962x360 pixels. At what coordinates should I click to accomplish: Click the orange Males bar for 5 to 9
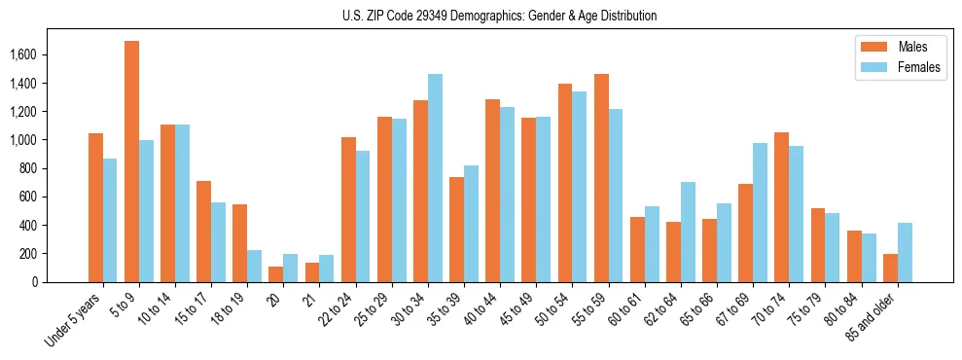coord(131,162)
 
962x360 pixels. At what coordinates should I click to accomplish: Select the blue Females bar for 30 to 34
coord(435,178)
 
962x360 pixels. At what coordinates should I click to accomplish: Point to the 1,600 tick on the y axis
coord(22,55)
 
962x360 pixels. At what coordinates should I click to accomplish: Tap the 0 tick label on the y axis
coord(35,282)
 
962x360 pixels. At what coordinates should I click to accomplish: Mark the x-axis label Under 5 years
coord(74,319)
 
